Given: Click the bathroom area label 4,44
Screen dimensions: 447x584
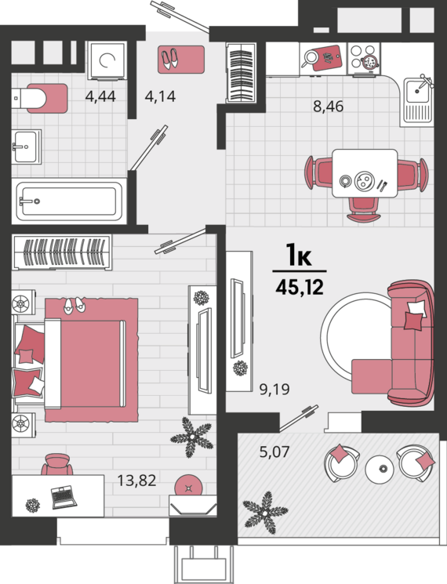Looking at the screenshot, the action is (100, 96).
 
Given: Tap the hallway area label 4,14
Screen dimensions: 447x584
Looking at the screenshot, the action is (160, 96).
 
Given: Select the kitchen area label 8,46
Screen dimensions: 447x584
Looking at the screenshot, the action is (328, 107).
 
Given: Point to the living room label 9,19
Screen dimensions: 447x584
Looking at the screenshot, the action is (274, 390).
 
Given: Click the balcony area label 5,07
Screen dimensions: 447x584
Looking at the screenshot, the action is (274, 452).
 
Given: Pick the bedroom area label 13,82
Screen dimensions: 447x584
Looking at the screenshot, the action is (136, 481).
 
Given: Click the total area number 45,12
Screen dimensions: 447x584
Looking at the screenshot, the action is (300, 288).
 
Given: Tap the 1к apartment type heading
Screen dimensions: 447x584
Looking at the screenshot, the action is (299, 256).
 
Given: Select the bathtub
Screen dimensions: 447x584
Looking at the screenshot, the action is (70, 201).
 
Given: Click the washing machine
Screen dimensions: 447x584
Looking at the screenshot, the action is (107, 60).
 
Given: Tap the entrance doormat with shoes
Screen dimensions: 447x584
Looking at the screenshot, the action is (181, 60).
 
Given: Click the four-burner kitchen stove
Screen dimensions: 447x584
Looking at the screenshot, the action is (364, 58).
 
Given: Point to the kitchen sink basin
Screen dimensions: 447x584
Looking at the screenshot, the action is (417, 90).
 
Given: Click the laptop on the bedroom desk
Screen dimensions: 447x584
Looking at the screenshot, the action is (64, 496).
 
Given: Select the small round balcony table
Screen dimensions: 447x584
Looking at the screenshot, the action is (380, 470).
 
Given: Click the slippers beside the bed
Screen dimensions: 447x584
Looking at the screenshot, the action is (74, 306).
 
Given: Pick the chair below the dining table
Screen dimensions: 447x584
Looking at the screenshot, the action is (364, 209).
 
